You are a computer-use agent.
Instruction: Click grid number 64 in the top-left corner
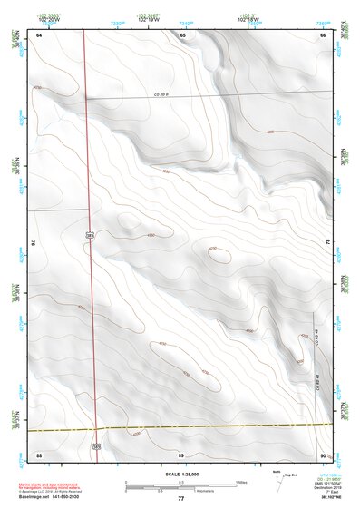(39, 34)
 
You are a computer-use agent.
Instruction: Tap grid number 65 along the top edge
(182, 34)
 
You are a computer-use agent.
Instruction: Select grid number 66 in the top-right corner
(324, 34)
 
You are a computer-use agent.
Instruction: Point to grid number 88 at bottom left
(39, 454)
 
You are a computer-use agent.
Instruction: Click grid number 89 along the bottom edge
(182, 454)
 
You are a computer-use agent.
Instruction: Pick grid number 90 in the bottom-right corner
(324, 454)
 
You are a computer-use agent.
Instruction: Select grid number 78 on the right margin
(327, 242)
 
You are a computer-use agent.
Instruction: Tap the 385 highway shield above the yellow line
(90, 235)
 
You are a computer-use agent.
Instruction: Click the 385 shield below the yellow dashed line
(96, 445)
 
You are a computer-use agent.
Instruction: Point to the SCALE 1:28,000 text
(180, 475)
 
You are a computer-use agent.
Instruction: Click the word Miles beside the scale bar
(241, 481)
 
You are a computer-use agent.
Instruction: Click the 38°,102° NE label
(319, 497)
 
